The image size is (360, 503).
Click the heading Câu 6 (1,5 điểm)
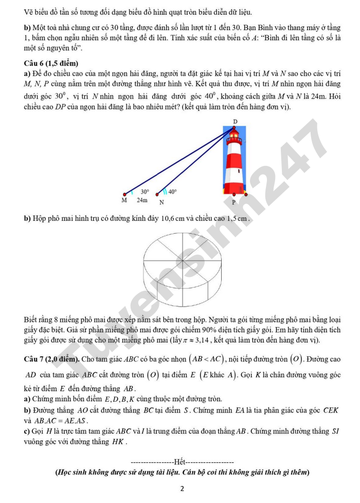point(51,63)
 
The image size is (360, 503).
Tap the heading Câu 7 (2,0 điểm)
point(52,359)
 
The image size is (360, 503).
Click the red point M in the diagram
point(124,194)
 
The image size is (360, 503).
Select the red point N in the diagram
point(157,194)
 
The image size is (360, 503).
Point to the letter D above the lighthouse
point(235,122)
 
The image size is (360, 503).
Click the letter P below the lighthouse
point(233,202)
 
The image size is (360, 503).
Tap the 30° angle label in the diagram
point(145,192)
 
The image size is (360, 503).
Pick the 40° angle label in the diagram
point(172,192)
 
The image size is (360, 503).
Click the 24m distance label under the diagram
point(142,200)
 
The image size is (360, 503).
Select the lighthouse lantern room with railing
point(235,139)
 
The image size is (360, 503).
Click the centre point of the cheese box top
point(183,260)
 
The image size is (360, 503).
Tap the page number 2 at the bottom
point(182,489)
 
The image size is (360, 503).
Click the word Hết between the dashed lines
point(180,462)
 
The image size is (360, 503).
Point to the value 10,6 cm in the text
point(173,219)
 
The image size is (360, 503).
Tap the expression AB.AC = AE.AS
point(61,421)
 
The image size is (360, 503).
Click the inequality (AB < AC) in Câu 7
point(207,359)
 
